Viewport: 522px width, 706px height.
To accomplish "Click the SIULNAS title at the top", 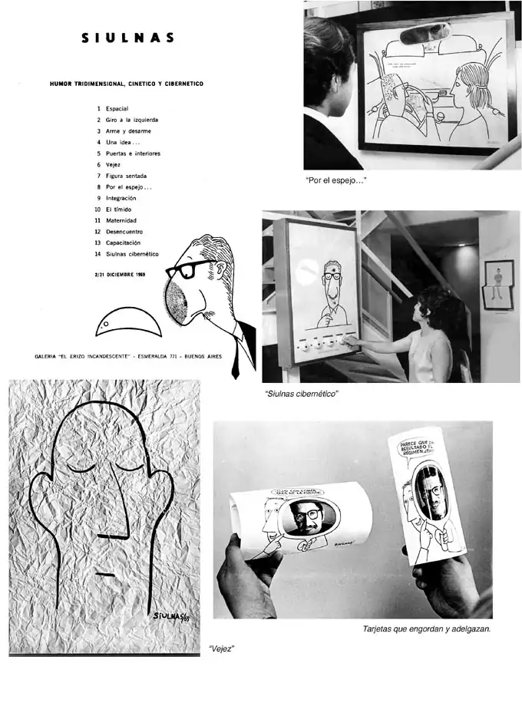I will (x=128, y=38).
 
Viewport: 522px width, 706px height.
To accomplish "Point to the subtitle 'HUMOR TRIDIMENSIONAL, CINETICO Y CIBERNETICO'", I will (x=127, y=84).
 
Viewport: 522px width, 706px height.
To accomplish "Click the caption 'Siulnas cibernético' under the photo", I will (x=301, y=393).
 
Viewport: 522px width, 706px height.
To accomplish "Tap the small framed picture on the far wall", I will (x=498, y=283).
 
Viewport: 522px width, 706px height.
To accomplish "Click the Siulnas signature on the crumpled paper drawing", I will (x=171, y=616).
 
